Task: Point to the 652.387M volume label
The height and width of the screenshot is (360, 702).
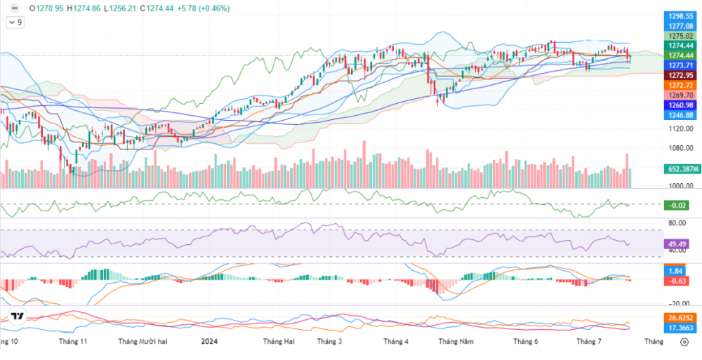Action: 682,169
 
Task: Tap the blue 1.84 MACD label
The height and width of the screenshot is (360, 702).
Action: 676,272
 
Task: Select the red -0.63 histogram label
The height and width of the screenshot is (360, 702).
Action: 677,281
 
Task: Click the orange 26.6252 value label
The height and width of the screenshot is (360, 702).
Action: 681,318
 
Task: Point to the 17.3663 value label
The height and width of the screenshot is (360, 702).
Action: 681,328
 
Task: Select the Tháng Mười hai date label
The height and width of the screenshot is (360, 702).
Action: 143,342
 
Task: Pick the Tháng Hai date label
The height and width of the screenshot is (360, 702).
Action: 278,342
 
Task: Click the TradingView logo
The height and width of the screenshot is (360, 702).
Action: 17,316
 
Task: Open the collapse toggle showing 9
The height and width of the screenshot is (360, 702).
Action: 15,22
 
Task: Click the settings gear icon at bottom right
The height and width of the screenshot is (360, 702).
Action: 684,342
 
